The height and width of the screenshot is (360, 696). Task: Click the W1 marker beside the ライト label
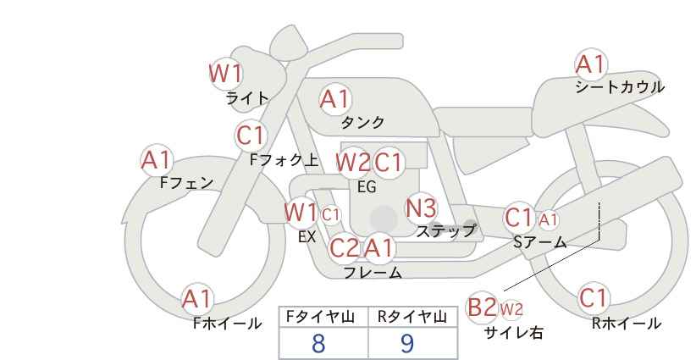226,74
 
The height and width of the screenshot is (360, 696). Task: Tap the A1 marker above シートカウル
591,64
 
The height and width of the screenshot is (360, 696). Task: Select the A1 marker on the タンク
335,99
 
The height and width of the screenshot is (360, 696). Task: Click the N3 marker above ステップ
421,208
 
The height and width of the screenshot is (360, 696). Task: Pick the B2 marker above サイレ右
482,307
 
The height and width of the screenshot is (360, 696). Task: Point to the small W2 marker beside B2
511,309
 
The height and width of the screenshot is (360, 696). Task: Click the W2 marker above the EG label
353,163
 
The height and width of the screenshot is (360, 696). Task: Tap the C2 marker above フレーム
345,247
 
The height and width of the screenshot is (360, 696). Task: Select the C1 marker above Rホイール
593,298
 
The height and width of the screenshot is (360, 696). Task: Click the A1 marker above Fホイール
197,299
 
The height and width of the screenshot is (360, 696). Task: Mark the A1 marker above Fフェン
157,160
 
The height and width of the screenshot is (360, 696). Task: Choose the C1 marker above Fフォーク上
251,136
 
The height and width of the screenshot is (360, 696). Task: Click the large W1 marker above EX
301,213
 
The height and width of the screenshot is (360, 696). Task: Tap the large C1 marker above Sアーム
519,218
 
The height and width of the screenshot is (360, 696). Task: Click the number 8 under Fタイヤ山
318,343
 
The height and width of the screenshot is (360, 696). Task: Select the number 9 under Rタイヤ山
407,343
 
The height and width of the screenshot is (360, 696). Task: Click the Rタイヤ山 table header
412,317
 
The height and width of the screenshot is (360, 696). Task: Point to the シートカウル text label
620,87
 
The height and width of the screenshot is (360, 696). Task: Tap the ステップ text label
445,231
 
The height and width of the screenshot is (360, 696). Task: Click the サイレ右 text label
514,333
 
